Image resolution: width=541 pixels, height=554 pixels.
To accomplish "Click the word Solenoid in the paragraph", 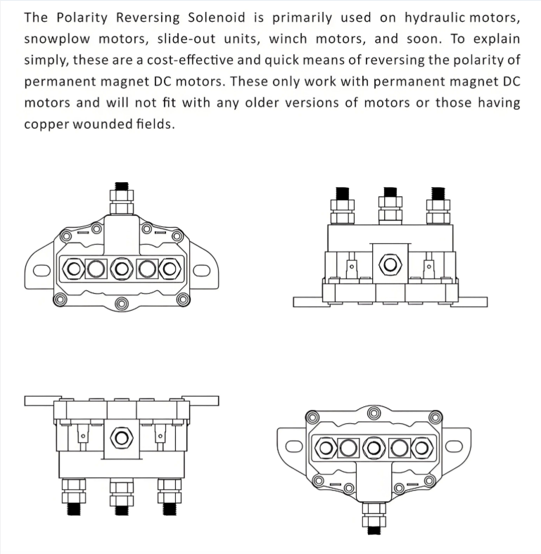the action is [x=217, y=18].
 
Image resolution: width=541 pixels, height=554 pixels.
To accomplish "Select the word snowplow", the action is [x=57, y=39].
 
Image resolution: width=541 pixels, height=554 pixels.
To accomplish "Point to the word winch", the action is [x=288, y=39].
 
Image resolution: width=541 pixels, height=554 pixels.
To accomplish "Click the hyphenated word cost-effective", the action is [x=190, y=60].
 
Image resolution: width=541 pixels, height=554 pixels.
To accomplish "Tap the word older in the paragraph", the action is [x=261, y=103].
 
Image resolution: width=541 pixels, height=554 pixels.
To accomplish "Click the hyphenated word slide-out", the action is [x=186, y=39].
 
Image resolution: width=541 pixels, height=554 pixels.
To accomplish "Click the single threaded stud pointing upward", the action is [x=122, y=198].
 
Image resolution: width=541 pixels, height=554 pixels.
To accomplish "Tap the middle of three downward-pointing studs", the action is [x=122, y=497].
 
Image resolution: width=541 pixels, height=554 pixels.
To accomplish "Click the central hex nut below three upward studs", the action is [x=390, y=265].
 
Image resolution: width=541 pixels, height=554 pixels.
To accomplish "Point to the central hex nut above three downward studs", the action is [x=122, y=438].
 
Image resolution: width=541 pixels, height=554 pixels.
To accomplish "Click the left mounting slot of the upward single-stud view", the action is [x=42, y=270].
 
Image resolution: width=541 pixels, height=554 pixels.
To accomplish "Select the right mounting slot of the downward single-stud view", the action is [x=454, y=446].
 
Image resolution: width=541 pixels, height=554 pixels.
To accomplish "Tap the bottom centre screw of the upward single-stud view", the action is [x=122, y=304].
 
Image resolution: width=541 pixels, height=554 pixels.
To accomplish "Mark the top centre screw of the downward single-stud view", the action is [x=374, y=413].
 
